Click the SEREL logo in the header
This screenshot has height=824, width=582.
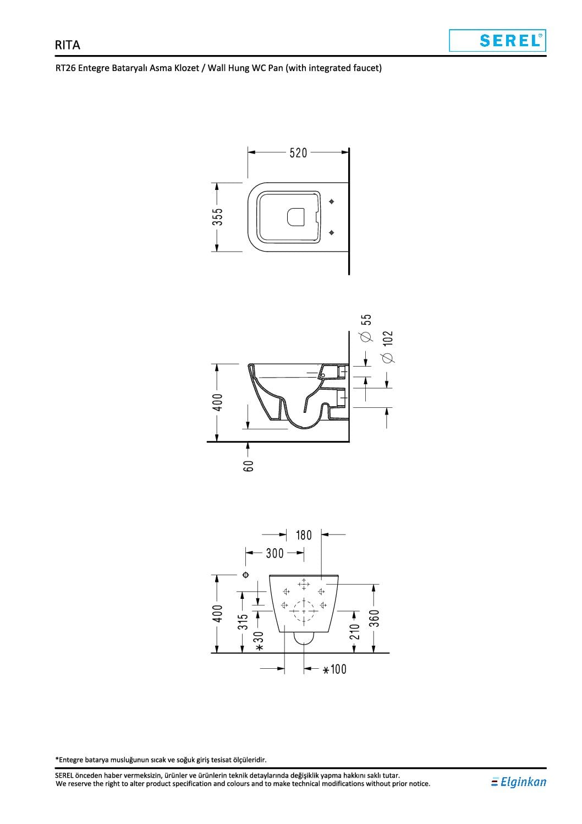tap(497, 41)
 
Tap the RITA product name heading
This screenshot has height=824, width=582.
tap(67, 45)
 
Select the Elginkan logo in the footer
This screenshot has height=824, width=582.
tap(518, 782)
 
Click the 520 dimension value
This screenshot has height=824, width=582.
tap(298, 152)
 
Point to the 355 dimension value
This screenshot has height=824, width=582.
tap(218, 217)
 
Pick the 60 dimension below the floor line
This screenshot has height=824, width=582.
tap(248, 466)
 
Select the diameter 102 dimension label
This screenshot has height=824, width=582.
tap(387, 347)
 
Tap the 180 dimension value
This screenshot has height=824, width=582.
tap(304, 535)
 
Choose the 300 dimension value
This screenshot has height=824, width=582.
tap(274, 553)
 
